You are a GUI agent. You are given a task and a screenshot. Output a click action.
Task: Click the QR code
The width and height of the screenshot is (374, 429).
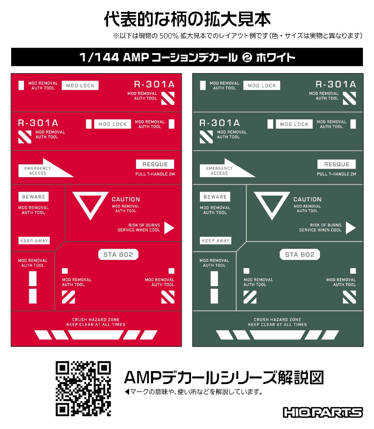(x=83, y=389)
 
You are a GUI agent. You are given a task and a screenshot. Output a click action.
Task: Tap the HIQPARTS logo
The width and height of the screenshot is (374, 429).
(x=323, y=412)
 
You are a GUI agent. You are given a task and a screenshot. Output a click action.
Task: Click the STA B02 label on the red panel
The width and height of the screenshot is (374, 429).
(x=118, y=255)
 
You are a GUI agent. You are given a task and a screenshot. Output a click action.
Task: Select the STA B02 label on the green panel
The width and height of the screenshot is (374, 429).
(x=300, y=255)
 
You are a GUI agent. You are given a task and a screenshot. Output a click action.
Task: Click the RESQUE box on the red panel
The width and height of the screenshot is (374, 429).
(x=155, y=164)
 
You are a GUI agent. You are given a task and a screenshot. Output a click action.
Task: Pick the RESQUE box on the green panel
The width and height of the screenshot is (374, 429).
(x=337, y=164)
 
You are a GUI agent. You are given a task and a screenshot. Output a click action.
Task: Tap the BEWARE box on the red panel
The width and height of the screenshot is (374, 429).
(x=33, y=197)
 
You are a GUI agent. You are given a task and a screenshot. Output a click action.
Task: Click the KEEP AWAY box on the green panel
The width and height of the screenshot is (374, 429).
(x=216, y=241)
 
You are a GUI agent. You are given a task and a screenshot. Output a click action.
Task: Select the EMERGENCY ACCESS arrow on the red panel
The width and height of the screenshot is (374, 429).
(x=46, y=168)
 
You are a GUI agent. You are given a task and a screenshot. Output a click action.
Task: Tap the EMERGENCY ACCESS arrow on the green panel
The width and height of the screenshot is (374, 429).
(x=228, y=168)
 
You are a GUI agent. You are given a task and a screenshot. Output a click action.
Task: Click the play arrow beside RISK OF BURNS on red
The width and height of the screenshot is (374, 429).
(x=169, y=228)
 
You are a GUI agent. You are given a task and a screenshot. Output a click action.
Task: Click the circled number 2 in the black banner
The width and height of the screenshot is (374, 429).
(x=247, y=57)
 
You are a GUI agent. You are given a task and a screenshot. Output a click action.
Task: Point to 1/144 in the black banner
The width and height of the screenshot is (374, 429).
(x=99, y=57)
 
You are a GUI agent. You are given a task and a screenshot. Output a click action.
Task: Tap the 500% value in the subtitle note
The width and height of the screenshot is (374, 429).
(x=169, y=36)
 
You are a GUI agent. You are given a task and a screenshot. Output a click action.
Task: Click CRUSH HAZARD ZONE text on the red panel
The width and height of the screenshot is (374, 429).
(x=96, y=320)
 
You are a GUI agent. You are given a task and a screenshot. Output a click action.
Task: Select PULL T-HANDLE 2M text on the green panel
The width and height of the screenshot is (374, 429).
(x=337, y=174)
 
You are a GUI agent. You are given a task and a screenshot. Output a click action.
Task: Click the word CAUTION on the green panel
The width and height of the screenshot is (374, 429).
(x=308, y=199)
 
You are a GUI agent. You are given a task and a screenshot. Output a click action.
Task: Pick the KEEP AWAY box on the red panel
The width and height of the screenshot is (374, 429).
(x=34, y=241)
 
